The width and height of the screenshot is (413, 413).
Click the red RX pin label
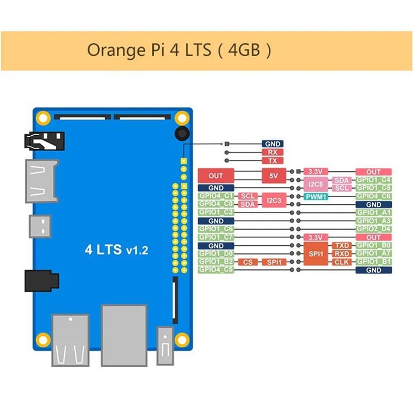pos(273,152)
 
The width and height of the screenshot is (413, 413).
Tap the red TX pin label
pos(273,161)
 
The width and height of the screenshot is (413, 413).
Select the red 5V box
pos(274,176)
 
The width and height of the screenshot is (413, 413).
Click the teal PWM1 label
pos(316,197)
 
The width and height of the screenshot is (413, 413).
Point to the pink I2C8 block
pos(316,184)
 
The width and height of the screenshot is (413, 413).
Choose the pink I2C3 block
pos(274,200)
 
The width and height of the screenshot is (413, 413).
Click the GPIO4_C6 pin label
pos(373,196)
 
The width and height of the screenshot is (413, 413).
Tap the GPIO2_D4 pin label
pos(373,229)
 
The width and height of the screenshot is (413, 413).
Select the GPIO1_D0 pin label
pos(216,253)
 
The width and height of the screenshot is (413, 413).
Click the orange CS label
pos(248,262)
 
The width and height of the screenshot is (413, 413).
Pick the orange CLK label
pos(342,262)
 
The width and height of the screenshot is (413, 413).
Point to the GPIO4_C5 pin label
pos(216,270)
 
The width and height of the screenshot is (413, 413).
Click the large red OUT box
pos(216,176)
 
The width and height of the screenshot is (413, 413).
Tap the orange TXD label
pos(342,246)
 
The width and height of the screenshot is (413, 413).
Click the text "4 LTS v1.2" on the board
pos(117,249)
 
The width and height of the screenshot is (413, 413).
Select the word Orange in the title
pos(116,50)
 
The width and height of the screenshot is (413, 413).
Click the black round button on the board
pos(182,134)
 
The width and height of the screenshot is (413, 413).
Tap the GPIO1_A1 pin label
pos(373,213)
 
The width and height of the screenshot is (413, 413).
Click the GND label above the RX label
pos(273,144)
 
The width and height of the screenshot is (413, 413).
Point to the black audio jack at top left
pos(44,141)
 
